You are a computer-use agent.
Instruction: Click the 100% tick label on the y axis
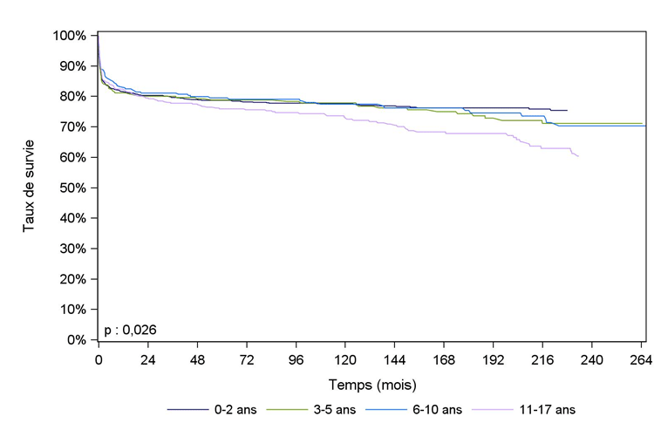coord(70,36)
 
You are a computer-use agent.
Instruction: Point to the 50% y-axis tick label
coord(72,188)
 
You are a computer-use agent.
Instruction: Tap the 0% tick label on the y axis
coord(76,340)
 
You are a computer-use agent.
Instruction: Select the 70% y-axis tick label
coord(72,127)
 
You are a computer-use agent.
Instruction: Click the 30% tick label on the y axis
coord(72,249)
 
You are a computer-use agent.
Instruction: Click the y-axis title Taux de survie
coord(29,188)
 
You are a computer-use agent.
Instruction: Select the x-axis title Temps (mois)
coord(371,384)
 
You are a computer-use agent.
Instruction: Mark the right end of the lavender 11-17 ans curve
coord(578,156)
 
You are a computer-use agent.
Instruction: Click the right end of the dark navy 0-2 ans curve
coord(567,111)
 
